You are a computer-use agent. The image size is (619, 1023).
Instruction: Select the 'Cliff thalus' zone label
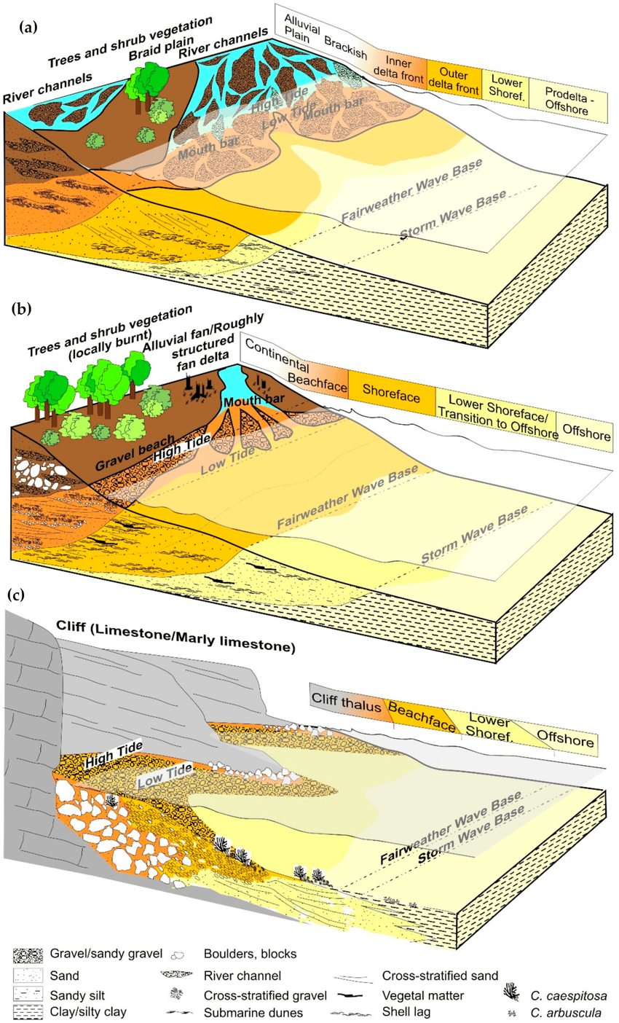348,699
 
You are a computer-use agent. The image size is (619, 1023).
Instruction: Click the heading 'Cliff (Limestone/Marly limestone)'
175,627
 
